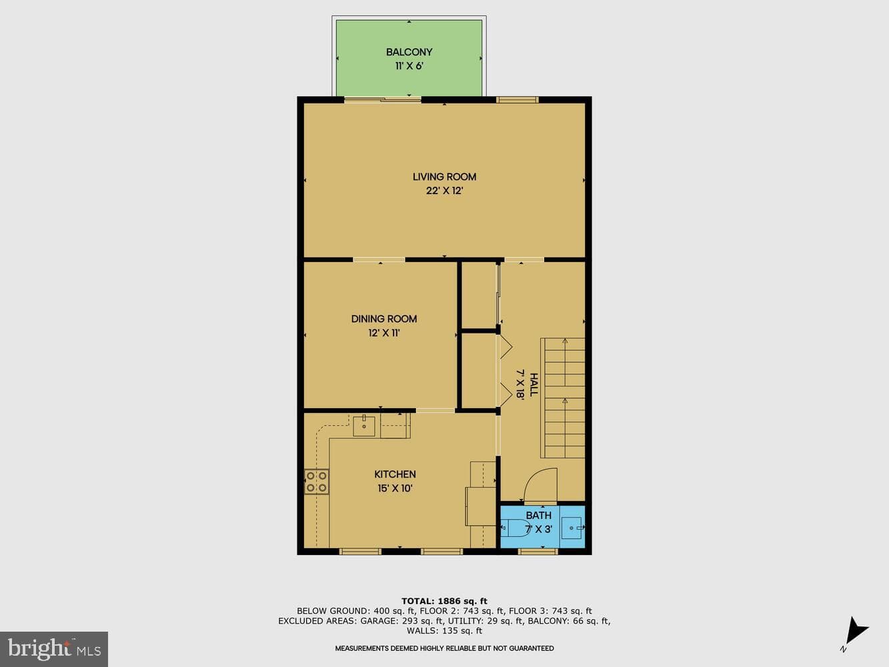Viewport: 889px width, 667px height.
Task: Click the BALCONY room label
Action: [409, 52]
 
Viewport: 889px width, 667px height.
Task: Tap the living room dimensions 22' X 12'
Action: [444, 191]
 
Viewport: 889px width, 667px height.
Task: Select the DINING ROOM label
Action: [384, 319]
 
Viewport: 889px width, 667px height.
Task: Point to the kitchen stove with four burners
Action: [316, 482]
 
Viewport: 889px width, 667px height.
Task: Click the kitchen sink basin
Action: [363, 426]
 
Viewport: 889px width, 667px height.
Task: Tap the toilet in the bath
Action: [516, 528]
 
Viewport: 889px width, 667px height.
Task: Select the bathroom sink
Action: [572, 528]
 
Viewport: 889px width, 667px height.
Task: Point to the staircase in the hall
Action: [564, 398]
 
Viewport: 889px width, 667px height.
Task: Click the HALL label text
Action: [534, 385]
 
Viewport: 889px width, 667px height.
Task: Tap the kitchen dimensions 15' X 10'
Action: [395, 488]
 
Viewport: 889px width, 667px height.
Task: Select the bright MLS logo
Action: [54, 649]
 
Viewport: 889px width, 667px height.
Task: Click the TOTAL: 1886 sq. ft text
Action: [444, 601]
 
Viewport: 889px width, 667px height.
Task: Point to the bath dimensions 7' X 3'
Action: [539, 530]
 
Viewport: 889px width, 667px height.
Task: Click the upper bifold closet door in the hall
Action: [506, 347]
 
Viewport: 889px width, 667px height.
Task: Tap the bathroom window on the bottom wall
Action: [538, 551]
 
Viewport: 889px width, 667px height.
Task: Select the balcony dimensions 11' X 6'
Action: [409, 66]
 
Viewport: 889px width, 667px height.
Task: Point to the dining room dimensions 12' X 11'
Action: [384, 333]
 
